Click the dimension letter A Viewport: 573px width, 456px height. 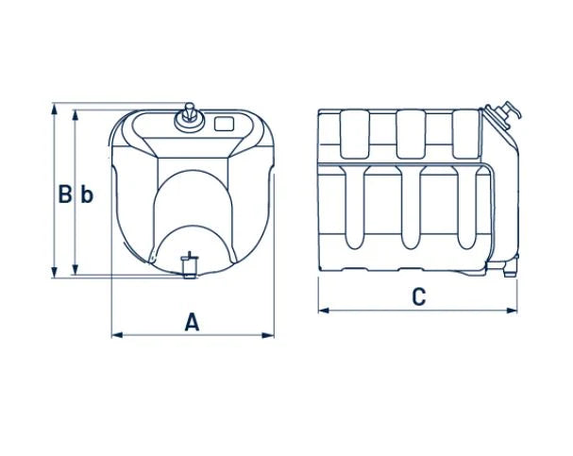pos(192,322)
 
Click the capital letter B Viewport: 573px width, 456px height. pos(65,194)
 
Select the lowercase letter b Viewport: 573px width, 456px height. pos(87,194)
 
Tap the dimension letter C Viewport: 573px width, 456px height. pos(419,296)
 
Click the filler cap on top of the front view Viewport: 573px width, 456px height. pos(190,117)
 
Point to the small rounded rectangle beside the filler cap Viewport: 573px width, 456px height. pos(224,124)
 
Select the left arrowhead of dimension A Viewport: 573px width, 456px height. pos(117,335)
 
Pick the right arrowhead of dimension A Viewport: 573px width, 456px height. pos(268,335)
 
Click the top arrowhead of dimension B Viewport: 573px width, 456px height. pos(54,109)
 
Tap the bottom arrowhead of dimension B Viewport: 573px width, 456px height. pos(54,272)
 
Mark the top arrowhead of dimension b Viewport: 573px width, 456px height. pos(76,115)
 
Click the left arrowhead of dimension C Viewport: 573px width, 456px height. pos(324,311)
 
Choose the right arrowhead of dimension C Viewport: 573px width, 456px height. pos(512,311)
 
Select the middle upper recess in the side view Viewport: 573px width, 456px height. pos(412,134)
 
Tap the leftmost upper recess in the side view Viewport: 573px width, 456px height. pos(355,134)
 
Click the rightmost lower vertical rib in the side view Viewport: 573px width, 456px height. pos(467,208)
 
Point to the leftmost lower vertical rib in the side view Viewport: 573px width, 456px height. pos(355,208)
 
